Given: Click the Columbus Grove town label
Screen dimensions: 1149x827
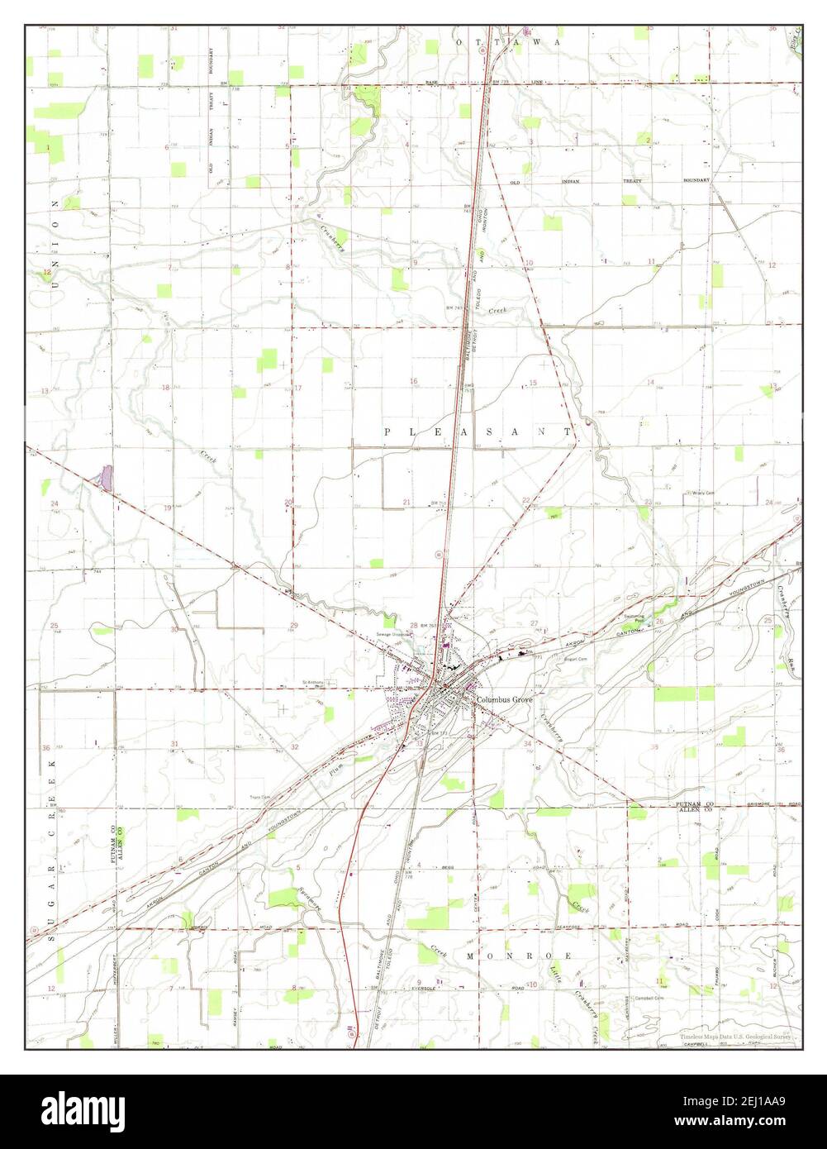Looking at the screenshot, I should [x=505, y=700].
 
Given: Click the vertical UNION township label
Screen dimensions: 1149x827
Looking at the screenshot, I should [x=55, y=244].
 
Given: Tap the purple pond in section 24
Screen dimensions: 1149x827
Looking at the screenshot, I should [x=105, y=477].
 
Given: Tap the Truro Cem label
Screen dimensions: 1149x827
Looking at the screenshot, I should [x=261, y=799].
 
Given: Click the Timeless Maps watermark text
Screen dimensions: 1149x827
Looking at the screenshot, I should [x=734, y=1037].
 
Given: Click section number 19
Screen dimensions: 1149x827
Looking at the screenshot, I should [x=168, y=508].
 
